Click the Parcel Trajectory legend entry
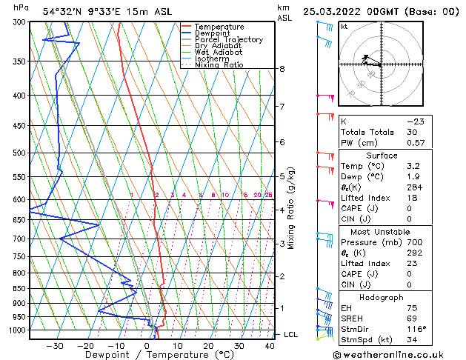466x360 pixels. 228,39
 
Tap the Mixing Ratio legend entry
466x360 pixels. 219,64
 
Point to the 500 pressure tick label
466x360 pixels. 19,153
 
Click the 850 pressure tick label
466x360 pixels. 19,289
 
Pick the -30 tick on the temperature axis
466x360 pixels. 55,346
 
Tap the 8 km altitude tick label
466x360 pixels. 282,69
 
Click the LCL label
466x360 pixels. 290,335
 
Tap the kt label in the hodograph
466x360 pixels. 344,26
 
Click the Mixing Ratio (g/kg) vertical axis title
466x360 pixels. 291,207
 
